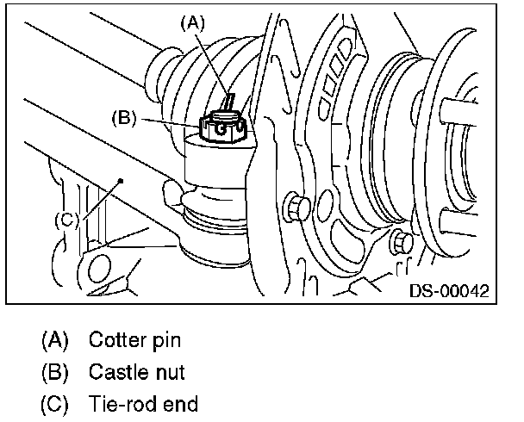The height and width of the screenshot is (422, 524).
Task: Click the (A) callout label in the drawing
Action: [x=192, y=23]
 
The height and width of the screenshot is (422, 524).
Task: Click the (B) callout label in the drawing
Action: [x=124, y=118]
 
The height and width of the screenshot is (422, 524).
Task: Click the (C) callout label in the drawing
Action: [x=67, y=220]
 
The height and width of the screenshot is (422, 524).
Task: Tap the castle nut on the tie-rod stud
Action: [x=223, y=126]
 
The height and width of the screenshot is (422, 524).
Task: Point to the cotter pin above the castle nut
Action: [x=229, y=101]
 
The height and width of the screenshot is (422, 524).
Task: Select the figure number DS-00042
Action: [x=449, y=291]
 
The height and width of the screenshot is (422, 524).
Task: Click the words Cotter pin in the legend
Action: [x=134, y=340]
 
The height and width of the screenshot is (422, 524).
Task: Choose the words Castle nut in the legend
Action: [x=137, y=372]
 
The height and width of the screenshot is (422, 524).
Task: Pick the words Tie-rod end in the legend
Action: [x=143, y=404]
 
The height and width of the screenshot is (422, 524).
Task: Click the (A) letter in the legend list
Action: [x=55, y=340]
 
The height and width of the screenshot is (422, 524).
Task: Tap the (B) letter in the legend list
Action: [x=55, y=372]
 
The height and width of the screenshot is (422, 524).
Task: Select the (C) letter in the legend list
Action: [x=54, y=404]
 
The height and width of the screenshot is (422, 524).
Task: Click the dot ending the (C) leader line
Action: [x=121, y=181]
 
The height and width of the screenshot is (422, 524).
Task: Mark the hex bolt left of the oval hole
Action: [x=296, y=208]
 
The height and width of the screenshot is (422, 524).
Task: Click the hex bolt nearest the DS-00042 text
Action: [x=402, y=244]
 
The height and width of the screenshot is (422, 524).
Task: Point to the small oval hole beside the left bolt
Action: [x=325, y=204]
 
